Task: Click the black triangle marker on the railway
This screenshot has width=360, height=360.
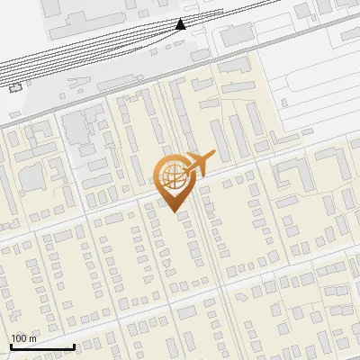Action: click(x=181, y=23)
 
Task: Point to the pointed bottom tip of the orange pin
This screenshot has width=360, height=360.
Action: click(x=173, y=211)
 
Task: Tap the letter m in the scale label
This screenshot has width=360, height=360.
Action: click(x=33, y=338)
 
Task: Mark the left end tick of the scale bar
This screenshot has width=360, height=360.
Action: click(x=10, y=346)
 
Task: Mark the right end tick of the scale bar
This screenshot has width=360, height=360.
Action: click(x=74, y=346)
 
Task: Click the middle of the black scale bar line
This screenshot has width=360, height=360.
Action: click(x=41, y=347)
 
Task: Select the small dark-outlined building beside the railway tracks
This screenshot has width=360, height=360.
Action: click(x=15, y=86)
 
